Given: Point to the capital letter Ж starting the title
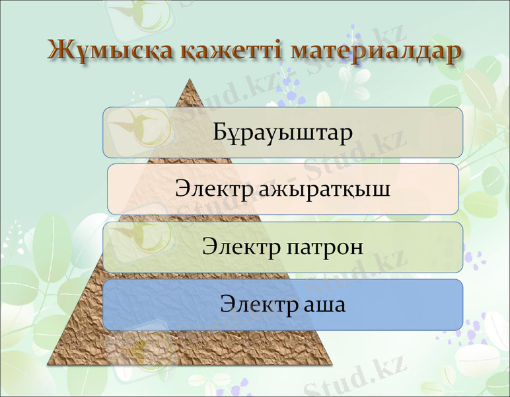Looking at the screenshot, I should tap(60, 51).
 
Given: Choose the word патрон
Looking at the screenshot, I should tap(325, 247).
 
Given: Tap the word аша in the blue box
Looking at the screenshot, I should tap(322, 305).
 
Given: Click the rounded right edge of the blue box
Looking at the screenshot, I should tap(461, 304).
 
